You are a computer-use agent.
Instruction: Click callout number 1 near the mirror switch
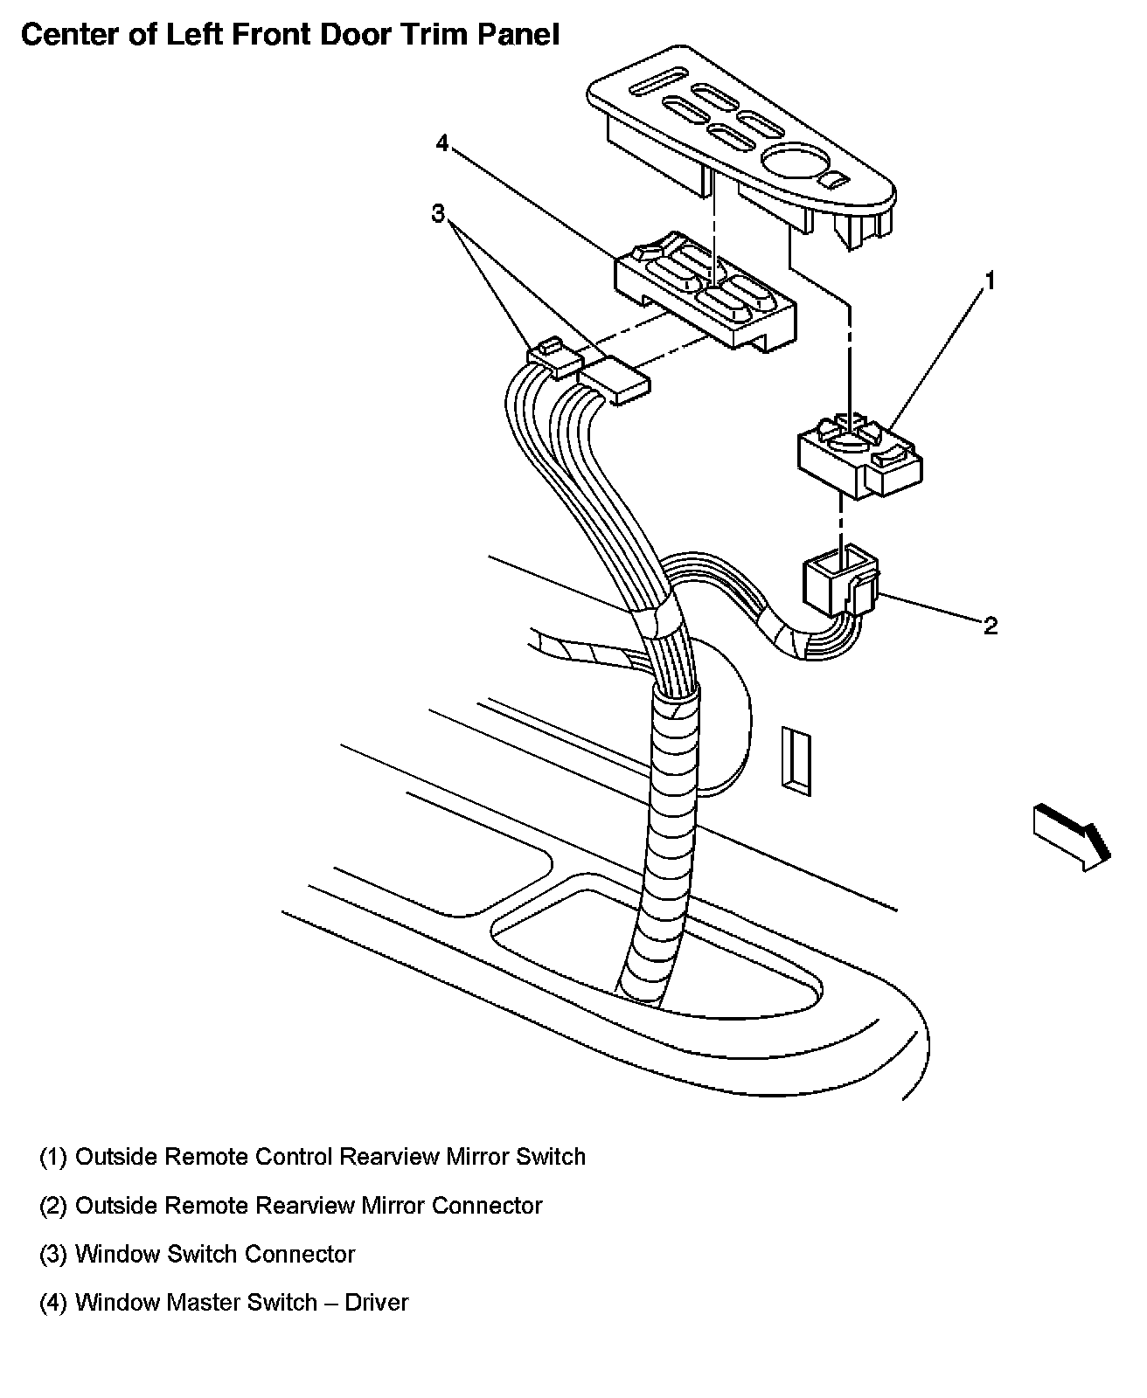click(x=991, y=281)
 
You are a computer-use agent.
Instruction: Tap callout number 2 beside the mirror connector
click(x=990, y=626)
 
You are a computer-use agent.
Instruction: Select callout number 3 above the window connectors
click(x=439, y=213)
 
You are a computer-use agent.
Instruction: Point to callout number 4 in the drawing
click(x=442, y=142)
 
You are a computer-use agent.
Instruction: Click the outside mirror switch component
click(x=859, y=456)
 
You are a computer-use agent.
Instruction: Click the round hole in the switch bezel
click(x=789, y=162)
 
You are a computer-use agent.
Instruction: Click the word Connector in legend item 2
click(x=487, y=1206)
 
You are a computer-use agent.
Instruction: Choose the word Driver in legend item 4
click(x=377, y=1303)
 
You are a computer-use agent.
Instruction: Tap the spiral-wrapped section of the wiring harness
click(x=668, y=830)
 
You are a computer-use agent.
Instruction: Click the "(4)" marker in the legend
click(x=53, y=1303)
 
